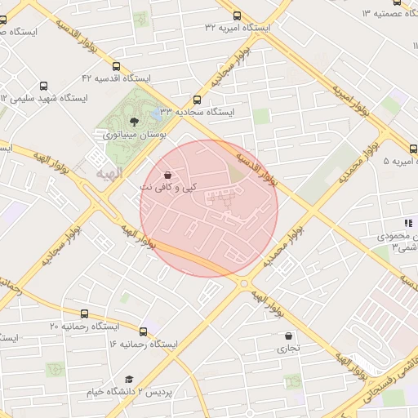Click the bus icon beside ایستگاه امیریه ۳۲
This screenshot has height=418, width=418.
click(237, 16)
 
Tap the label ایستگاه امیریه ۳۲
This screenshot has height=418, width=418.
click(238, 28)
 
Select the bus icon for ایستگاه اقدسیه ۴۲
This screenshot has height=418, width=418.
click(117, 67)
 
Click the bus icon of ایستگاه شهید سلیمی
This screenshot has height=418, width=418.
click(43, 85)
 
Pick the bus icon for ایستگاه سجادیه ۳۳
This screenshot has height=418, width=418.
click(196, 99)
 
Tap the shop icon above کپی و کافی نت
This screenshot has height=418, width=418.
click(167, 175)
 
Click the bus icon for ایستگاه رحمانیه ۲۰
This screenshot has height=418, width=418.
click(85, 314)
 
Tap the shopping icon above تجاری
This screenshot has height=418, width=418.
click(288, 336)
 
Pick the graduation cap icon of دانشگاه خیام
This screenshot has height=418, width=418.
click(129, 380)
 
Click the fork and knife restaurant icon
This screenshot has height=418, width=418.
click(408, 223)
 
